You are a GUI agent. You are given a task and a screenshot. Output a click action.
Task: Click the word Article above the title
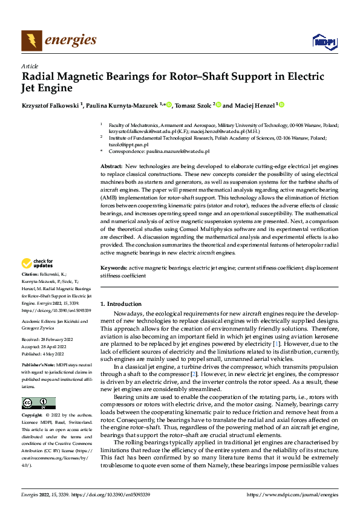(30, 66)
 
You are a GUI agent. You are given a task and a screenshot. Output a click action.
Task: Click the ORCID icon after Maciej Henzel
(281, 105)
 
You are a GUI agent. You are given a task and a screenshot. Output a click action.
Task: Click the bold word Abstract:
(111, 166)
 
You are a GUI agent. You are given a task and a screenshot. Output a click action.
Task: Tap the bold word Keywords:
(113, 267)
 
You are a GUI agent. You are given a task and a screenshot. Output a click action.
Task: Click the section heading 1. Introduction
(120, 303)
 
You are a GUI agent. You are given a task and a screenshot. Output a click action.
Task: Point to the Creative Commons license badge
(38, 403)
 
